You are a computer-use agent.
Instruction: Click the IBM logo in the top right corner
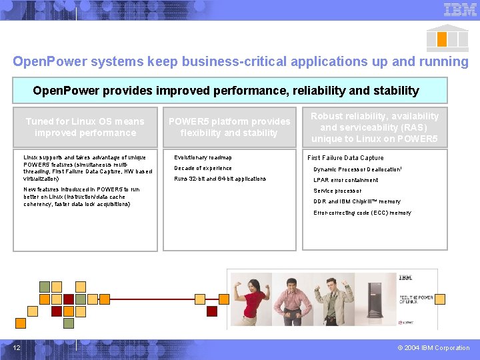pyautogui.click(x=460, y=9)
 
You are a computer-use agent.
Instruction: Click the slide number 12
pyautogui.click(x=17, y=347)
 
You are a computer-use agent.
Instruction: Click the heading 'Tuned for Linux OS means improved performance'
pyautogui.click(x=85, y=127)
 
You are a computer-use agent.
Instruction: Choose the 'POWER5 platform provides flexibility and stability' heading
pyautogui.click(x=229, y=127)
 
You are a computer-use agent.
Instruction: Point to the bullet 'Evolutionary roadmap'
pyautogui.click(x=203, y=157)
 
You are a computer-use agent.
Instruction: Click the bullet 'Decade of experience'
pyautogui.click(x=203, y=168)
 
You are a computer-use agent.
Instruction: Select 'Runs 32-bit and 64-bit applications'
pyautogui.click(x=220, y=179)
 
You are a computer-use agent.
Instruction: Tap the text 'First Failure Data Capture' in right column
pyautogui.click(x=345, y=158)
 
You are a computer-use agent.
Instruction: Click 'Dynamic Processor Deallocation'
pyautogui.click(x=357, y=169)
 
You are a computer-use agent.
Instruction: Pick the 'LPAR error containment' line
pyautogui.click(x=345, y=180)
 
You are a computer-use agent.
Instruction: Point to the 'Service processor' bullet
pyautogui.click(x=337, y=191)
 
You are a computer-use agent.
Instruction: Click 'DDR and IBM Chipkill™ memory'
pyautogui.click(x=357, y=201)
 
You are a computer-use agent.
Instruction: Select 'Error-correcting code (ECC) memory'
pyautogui.click(x=362, y=213)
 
